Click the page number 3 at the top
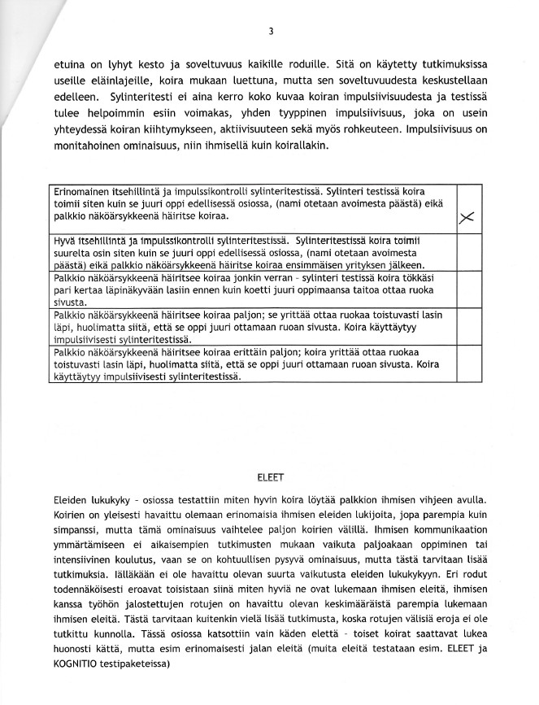click(x=270, y=32)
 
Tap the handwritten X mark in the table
click(x=467, y=217)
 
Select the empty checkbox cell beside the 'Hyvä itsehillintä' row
click(x=467, y=254)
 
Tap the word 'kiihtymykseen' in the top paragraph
click(x=247, y=125)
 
